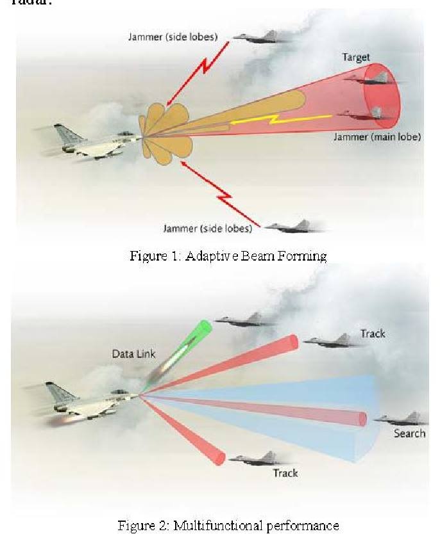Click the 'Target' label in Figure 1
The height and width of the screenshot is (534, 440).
356,57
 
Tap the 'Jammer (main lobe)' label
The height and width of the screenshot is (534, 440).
377,137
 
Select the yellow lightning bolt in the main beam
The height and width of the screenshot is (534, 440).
281,119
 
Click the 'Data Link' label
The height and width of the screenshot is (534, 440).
133,354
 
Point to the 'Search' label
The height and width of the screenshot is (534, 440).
409,433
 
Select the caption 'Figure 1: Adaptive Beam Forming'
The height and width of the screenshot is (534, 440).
228,255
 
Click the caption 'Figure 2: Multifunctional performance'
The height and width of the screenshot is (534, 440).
228,525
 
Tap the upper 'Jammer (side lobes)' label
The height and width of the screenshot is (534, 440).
173,36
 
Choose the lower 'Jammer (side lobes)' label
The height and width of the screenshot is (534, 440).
208,228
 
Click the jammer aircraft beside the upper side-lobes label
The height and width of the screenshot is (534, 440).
260,36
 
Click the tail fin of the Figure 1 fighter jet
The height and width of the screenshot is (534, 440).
67,134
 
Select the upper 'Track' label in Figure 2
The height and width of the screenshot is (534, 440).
373,334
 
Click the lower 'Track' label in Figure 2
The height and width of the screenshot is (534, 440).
285,473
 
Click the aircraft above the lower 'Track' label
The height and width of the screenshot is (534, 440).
259,458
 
